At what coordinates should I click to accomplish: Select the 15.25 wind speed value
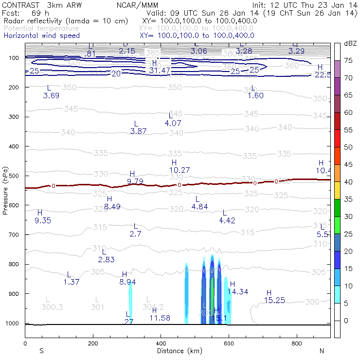tap(275, 300)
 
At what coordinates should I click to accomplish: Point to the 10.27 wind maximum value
tap(180, 170)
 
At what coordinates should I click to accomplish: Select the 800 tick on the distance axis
tap(297, 343)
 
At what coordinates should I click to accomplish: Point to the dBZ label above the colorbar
tap(350, 44)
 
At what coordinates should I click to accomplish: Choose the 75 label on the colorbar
tap(348, 60)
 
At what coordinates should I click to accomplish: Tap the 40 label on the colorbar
tap(348, 182)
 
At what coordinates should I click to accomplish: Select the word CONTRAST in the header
tap(18, 5)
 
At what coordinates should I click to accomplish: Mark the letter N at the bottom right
tap(322, 350)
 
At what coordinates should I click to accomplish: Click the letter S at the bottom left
tap(41, 350)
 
